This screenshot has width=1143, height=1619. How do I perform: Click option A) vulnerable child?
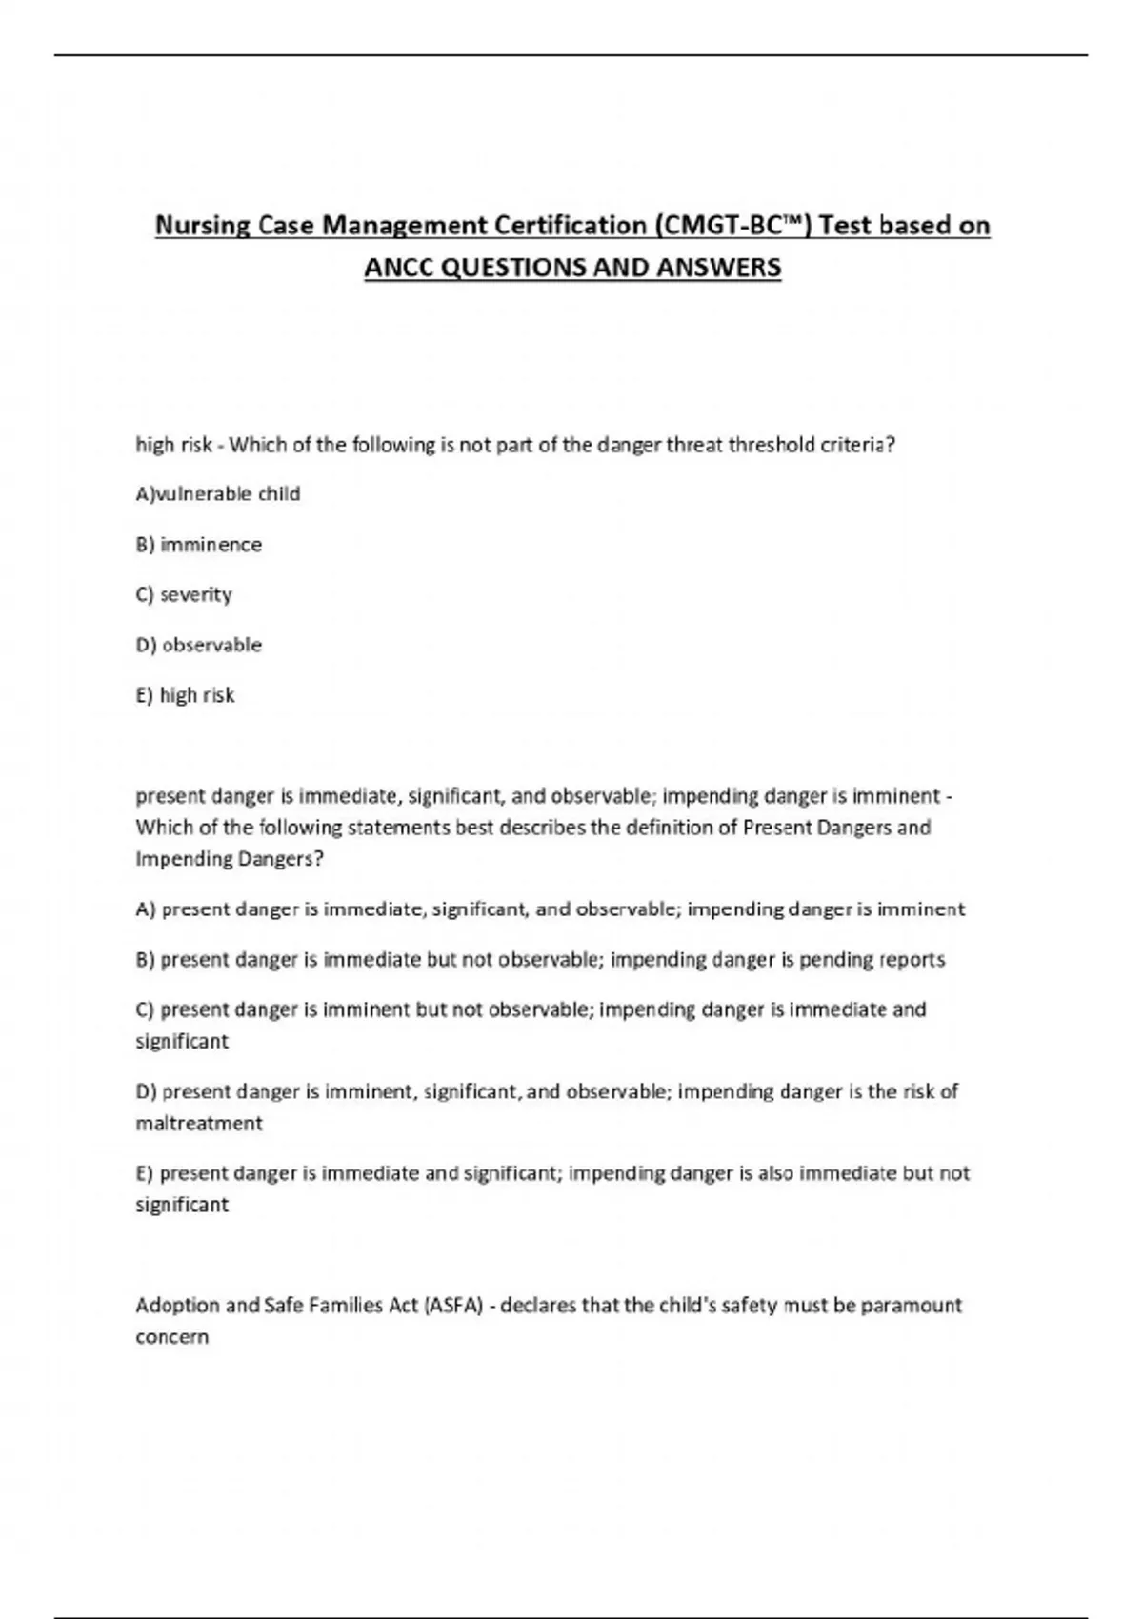218,493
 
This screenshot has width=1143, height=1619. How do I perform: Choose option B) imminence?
199,544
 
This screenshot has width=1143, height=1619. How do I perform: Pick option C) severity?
184,594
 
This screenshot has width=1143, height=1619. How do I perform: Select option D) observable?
199,645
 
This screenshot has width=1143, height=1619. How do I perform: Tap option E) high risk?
185,695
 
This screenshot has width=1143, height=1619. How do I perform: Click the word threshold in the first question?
771,445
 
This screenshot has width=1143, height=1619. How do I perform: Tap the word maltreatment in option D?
199,1123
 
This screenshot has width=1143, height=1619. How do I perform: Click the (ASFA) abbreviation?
453,1305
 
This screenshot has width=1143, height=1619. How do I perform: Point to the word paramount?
911,1305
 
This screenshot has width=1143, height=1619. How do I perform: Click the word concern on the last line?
171,1336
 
